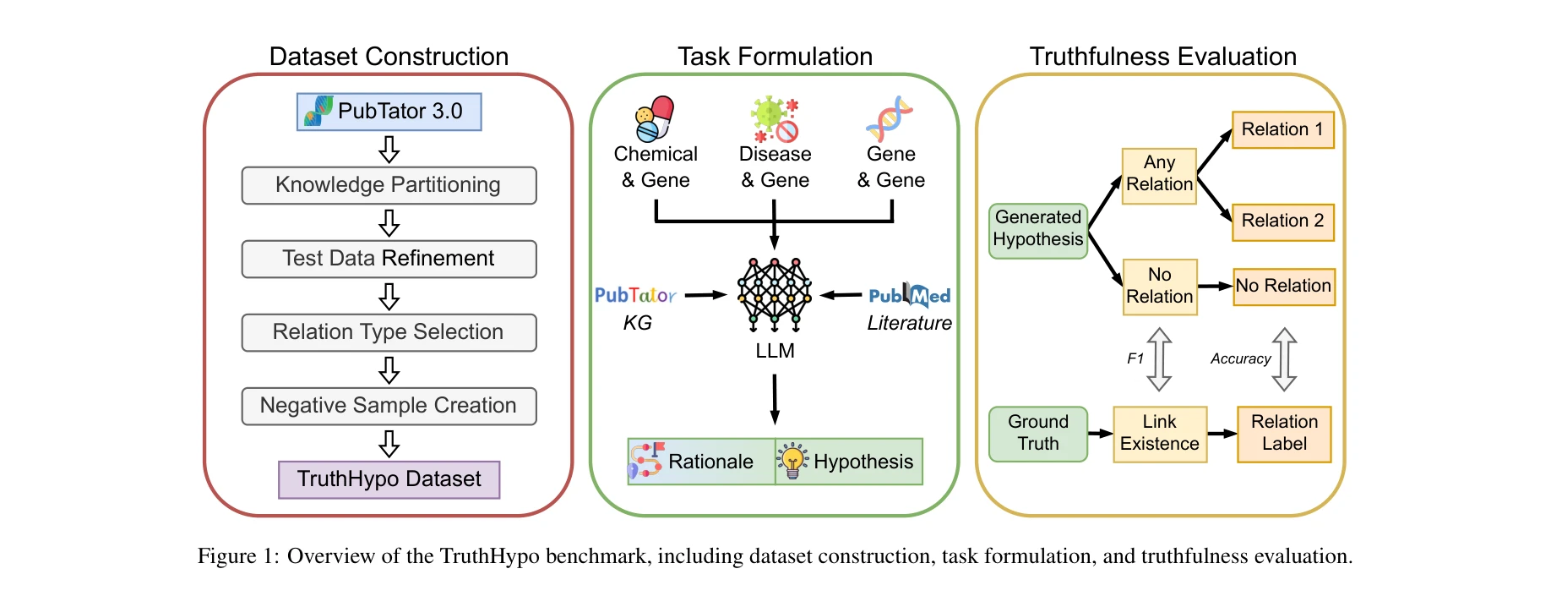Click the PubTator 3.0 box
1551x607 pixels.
(389, 112)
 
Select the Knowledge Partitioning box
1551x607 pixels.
(389, 185)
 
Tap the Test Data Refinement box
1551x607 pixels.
(389, 259)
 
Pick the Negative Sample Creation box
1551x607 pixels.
(389, 406)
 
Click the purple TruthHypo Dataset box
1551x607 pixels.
(389, 479)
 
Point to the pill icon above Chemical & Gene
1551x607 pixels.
(655, 118)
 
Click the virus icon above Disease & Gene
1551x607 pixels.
(775, 119)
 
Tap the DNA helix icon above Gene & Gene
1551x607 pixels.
(890, 118)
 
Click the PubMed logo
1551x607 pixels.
(910, 296)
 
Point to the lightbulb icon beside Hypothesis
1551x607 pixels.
(792, 461)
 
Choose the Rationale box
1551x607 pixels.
(701, 462)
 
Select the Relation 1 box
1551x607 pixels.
(1282, 130)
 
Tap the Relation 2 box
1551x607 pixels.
(1282, 221)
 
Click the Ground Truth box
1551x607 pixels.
(1038, 434)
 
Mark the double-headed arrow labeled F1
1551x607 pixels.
(1159, 359)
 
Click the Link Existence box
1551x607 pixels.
(1159, 434)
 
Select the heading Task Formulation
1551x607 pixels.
(775, 57)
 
